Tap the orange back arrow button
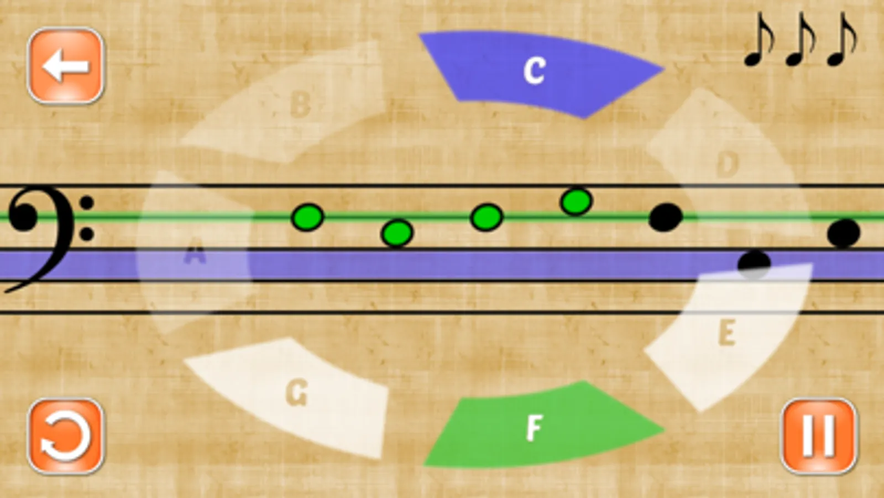(65, 65)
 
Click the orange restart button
(65, 436)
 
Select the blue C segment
(541, 74)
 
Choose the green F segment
(544, 425)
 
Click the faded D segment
(722, 162)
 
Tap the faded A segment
(193, 253)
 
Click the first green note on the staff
(307, 217)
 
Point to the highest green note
(576, 201)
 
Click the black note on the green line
(666, 217)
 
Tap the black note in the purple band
(754, 264)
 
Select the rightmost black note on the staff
(844, 233)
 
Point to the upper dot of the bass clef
(86, 203)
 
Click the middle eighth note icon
(801, 39)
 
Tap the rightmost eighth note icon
(842, 39)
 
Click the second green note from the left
(397, 233)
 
